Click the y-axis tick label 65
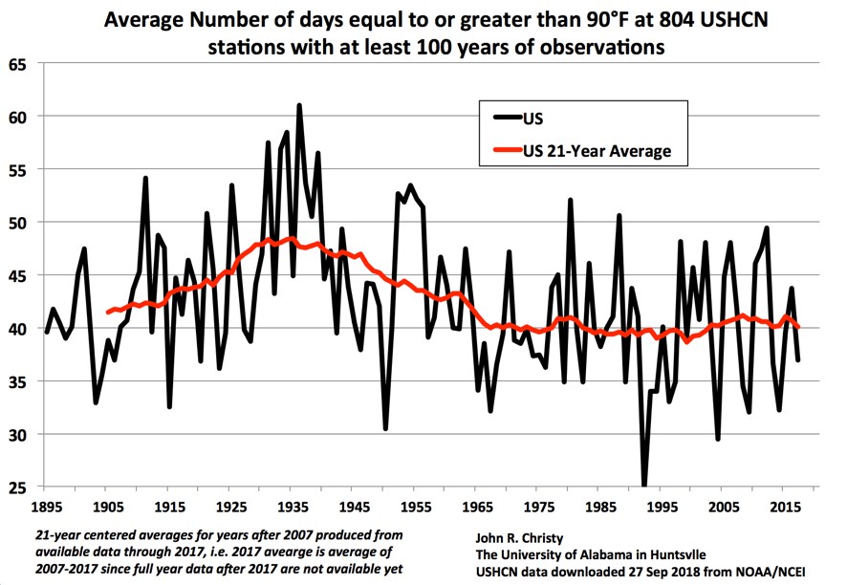click(x=20, y=64)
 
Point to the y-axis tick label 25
click(x=20, y=487)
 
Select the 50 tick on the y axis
click(x=20, y=223)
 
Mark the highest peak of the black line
click(x=299, y=106)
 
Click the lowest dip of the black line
click(x=644, y=486)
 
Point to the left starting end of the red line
click(x=107, y=312)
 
